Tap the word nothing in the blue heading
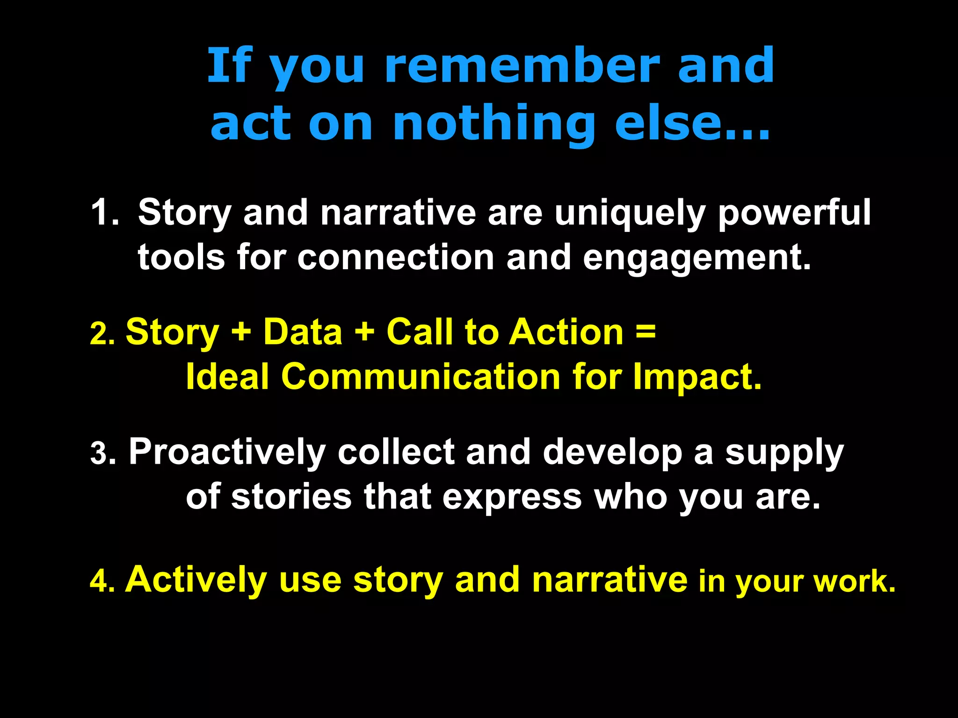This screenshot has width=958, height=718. click(x=494, y=123)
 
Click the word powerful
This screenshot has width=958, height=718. click(x=794, y=213)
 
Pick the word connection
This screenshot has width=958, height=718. click(x=396, y=258)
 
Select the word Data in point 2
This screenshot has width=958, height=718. click(x=303, y=332)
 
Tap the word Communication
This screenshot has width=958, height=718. click(x=421, y=377)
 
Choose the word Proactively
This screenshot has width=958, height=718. click(x=227, y=452)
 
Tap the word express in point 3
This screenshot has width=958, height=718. click(x=512, y=497)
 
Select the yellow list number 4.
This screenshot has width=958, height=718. click(x=101, y=582)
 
